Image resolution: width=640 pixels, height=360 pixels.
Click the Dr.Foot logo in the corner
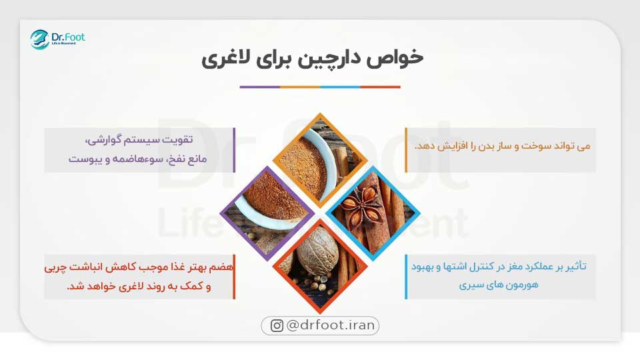[57, 39]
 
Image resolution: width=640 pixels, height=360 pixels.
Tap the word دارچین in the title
[333, 58]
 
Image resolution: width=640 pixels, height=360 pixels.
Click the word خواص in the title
[399, 58]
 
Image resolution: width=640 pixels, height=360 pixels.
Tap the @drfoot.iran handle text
[331, 326]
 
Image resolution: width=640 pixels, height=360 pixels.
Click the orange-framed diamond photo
[319, 157]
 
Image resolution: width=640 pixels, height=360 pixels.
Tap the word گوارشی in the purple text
[107, 141]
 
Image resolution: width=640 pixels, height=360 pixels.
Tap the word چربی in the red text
[57, 267]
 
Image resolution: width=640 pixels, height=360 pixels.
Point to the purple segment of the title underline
[259, 87]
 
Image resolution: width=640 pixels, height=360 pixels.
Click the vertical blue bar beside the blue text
[406, 276]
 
